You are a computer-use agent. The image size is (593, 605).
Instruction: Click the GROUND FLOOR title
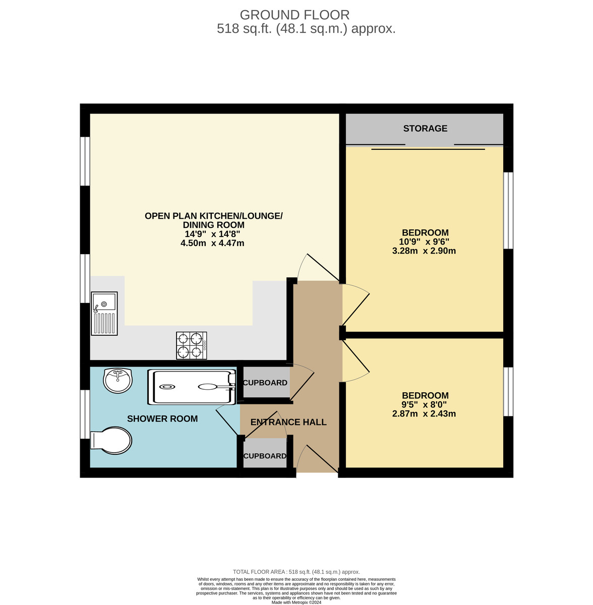point(294,15)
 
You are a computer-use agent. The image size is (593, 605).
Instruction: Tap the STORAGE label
point(425,129)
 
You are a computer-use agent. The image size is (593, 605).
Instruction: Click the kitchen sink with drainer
point(104,314)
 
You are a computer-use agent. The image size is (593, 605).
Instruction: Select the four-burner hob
point(191,346)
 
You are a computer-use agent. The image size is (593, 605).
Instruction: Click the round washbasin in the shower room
point(117,380)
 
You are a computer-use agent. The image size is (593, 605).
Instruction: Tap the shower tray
point(192,387)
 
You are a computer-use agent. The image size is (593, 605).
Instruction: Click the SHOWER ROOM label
point(162,419)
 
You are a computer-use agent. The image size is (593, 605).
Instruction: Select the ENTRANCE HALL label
point(288,422)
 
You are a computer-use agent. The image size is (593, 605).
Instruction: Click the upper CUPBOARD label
point(265,383)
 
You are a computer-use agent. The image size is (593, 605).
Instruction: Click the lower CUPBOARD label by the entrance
point(265,456)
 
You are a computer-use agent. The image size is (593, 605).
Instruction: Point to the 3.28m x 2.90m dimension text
point(424,251)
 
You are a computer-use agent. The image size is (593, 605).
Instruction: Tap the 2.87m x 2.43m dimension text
point(424,414)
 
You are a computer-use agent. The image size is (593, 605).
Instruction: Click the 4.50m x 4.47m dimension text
point(212,244)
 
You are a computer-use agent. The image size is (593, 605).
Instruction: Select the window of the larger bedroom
point(508,210)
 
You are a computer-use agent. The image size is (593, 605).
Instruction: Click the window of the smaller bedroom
point(508,392)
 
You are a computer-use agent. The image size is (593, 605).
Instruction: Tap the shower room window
point(85,414)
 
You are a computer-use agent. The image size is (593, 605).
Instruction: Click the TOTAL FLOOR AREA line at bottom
point(296,572)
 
